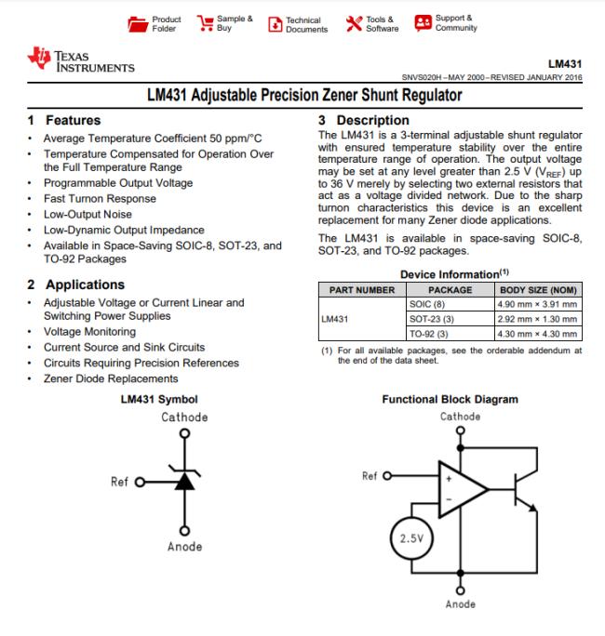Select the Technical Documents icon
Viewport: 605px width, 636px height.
pos(275,24)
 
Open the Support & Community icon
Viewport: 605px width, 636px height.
pos(423,22)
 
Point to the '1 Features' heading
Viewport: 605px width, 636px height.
pos(64,121)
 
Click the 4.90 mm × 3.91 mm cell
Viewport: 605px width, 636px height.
pos(538,304)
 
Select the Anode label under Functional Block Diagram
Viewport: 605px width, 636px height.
pos(460,604)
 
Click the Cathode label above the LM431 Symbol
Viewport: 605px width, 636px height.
pos(184,417)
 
